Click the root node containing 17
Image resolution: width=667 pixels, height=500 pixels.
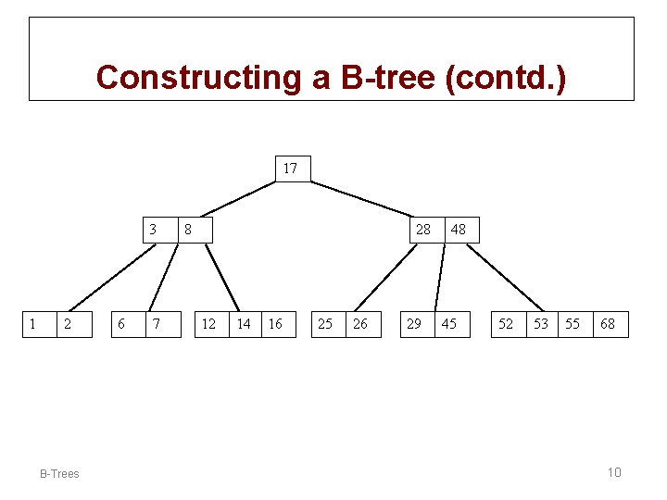(291, 169)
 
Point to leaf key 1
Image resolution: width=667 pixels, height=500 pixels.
(34, 324)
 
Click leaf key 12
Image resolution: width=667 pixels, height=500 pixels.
(209, 324)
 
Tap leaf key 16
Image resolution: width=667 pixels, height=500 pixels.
(276, 324)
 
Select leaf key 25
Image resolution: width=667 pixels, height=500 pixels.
(326, 324)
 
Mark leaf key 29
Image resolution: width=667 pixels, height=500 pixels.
(415, 324)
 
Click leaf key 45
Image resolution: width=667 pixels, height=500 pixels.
(450, 324)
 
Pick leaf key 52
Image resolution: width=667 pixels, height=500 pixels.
(506, 324)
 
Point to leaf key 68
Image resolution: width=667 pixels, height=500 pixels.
(608, 324)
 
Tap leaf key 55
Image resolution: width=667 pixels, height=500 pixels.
(573, 324)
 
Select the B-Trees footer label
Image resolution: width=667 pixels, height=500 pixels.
(59, 474)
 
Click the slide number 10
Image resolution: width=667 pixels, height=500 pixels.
(614, 473)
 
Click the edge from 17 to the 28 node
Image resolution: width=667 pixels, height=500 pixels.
(361, 199)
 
